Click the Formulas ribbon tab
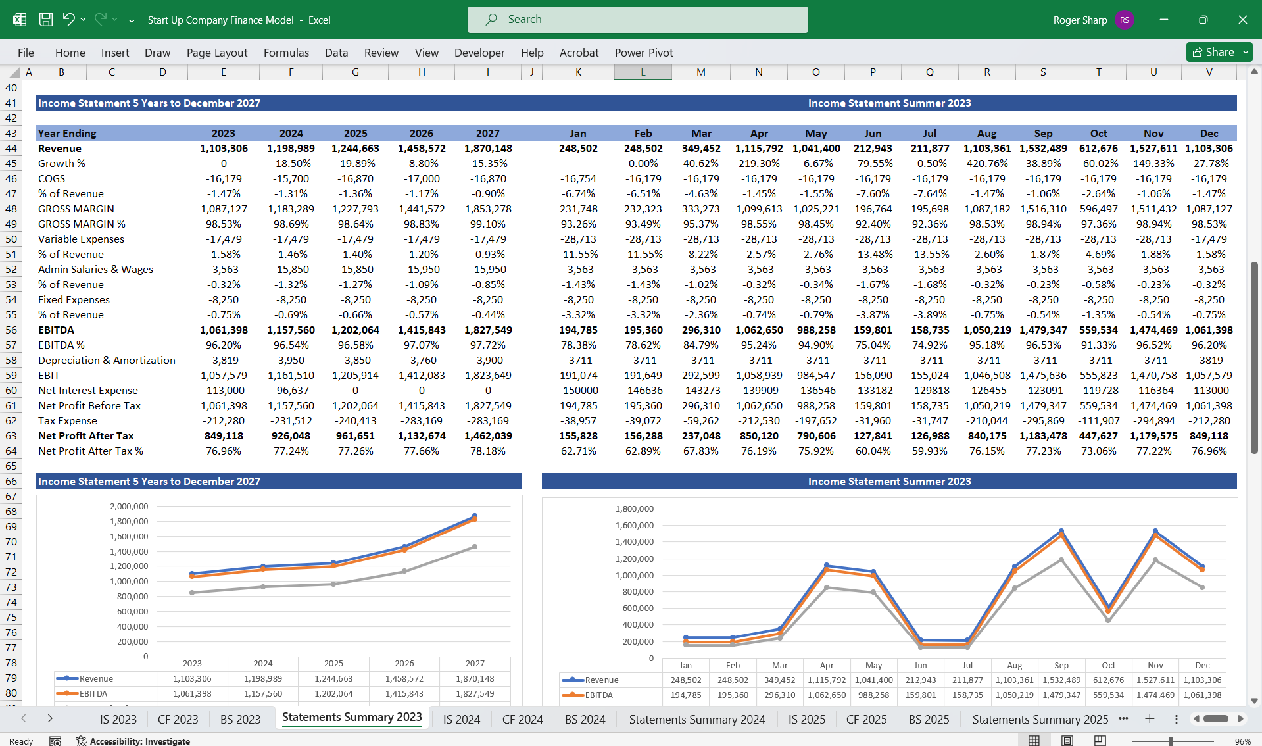pyautogui.click(x=286, y=53)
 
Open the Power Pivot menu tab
pyautogui.click(x=643, y=53)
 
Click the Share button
pyautogui.click(x=1213, y=52)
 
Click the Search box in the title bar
pyautogui.click(x=637, y=20)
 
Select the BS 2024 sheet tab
pyautogui.click(x=585, y=719)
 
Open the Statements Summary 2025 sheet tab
pyautogui.click(x=1040, y=719)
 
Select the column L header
pyautogui.click(x=643, y=72)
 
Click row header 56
pyautogui.click(x=11, y=330)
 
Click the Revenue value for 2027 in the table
pyautogui.click(x=487, y=149)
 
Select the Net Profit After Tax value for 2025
pyautogui.click(x=355, y=435)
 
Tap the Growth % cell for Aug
pyautogui.click(x=986, y=164)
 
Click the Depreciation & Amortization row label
pyautogui.click(x=107, y=361)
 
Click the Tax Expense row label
pyautogui.click(x=67, y=421)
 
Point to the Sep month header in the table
pyautogui.click(x=1042, y=134)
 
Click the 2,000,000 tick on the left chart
pyautogui.click(x=129, y=507)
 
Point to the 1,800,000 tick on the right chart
pyautogui.click(x=634, y=509)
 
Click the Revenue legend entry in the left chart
pyautogui.click(x=96, y=678)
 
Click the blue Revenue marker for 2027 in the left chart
pyautogui.click(x=475, y=516)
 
